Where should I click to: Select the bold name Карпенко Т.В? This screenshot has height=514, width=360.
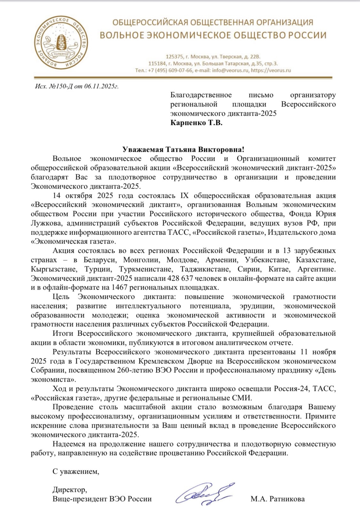pos(196,123)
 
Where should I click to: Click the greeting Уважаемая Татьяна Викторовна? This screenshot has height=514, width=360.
pos(183,149)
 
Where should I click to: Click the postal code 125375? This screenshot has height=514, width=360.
pos(175,57)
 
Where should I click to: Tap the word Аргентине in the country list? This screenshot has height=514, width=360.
pos(317,269)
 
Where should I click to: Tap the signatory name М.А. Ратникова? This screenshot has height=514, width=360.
pos(278,499)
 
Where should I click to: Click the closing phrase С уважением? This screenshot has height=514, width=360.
pos(76,471)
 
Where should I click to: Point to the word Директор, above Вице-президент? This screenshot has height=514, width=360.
pos(70,489)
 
